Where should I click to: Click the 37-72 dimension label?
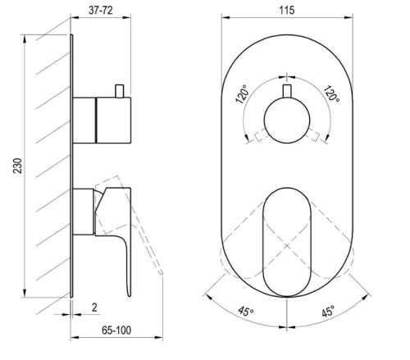(x=101, y=11)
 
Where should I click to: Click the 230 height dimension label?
(x=18, y=166)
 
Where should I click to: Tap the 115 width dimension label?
(x=287, y=11)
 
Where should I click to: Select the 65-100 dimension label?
(x=116, y=330)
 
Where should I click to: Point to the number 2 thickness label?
(x=94, y=308)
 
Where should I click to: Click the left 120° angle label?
(x=243, y=94)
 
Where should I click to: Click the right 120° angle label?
(x=331, y=93)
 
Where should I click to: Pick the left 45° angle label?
(x=246, y=311)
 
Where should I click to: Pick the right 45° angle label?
(x=328, y=312)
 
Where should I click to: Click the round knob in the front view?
(x=287, y=121)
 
